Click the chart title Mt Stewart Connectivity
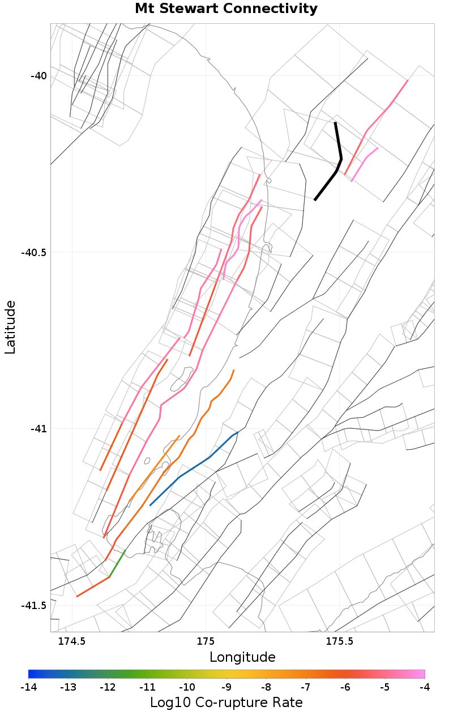(x=226, y=9)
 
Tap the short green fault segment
(x=117, y=563)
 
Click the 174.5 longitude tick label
(x=72, y=641)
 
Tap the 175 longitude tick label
(x=205, y=641)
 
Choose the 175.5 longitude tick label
(x=339, y=641)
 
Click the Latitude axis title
(x=11, y=327)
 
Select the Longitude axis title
(x=242, y=657)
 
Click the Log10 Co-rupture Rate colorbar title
(x=226, y=703)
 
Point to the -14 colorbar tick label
(x=28, y=687)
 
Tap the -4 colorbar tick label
(x=425, y=687)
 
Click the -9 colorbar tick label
(x=226, y=687)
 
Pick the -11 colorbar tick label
(x=147, y=687)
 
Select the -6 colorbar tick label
(x=345, y=687)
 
